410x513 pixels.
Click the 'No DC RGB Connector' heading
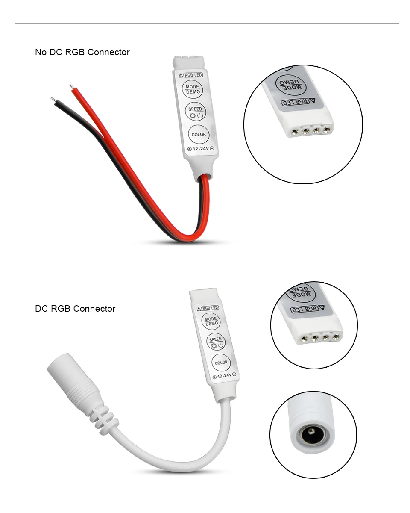82,52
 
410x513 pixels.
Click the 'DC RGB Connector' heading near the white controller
75,309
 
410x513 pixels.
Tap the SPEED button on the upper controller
196,112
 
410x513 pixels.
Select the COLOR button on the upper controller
199,134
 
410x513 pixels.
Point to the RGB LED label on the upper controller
193,75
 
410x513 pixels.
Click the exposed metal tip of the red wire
71,87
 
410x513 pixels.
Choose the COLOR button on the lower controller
221,363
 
